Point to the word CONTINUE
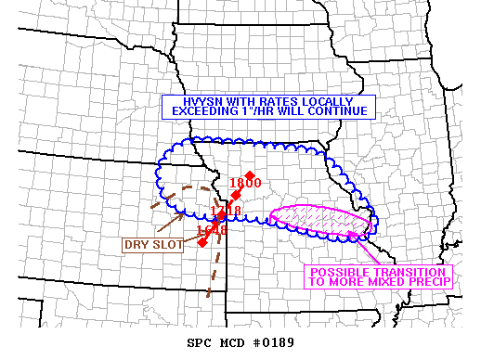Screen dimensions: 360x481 point(339,111)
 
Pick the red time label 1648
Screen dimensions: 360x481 point(211,229)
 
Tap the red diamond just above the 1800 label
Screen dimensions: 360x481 point(250,175)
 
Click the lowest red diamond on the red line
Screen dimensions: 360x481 point(202,242)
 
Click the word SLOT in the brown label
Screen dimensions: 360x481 point(164,245)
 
